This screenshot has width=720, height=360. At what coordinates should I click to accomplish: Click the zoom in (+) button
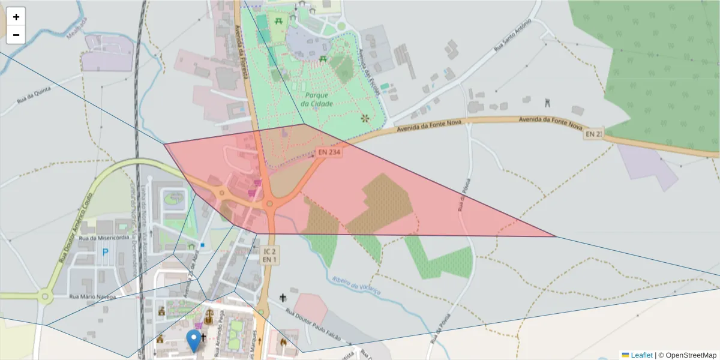pyautogui.click(x=16, y=17)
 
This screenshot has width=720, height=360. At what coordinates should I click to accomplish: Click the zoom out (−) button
pyautogui.click(x=16, y=35)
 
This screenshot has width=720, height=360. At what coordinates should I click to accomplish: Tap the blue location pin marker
pyautogui.click(x=193, y=340)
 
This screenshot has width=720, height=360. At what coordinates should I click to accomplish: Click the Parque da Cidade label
pyautogui.click(x=317, y=99)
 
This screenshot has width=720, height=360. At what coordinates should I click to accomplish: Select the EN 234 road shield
pyautogui.click(x=329, y=153)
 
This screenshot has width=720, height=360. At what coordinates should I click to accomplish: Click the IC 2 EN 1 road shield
pyautogui.click(x=269, y=255)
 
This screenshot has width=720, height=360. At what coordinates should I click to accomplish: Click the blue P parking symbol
pyautogui.click(x=106, y=253)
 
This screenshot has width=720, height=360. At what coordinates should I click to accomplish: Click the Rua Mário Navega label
pyautogui.click(x=94, y=296)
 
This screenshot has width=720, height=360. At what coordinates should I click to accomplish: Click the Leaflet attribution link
pyautogui.click(x=641, y=355)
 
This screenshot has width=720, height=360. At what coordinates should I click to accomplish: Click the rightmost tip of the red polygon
pyautogui.click(x=556, y=236)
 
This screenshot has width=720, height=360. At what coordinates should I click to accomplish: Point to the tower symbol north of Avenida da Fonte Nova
pyautogui.click(x=547, y=103)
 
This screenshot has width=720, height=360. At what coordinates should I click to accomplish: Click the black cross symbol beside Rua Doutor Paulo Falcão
pyautogui.click(x=283, y=298)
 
